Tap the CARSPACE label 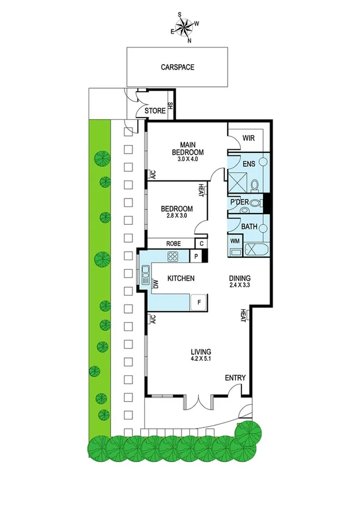(x=178, y=68)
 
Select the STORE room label (x=155, y=111)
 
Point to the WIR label (x=249, y=138)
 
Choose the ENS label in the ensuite (x=249, y=163)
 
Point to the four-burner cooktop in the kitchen (x=173, y=257)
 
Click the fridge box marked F (x=198, y=303)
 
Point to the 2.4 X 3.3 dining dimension (x=240, y=286)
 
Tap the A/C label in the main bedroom (x=153, y=175)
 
